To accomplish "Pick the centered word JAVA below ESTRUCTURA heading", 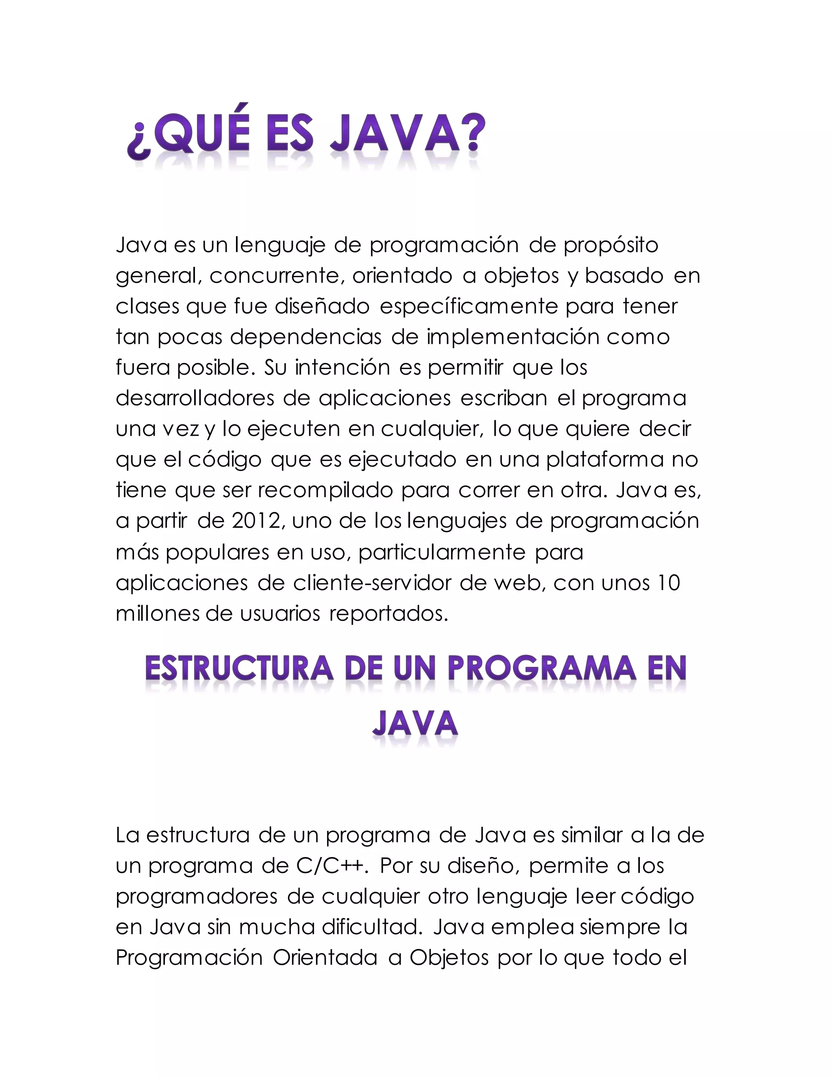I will (415, 724).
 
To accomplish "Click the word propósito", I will (611, 245).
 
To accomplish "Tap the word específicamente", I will (469, 307).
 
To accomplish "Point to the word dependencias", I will (305, 337).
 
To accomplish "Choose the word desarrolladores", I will (195, 398).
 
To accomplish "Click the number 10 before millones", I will (668, 583).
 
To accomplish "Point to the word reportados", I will (388, 613).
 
